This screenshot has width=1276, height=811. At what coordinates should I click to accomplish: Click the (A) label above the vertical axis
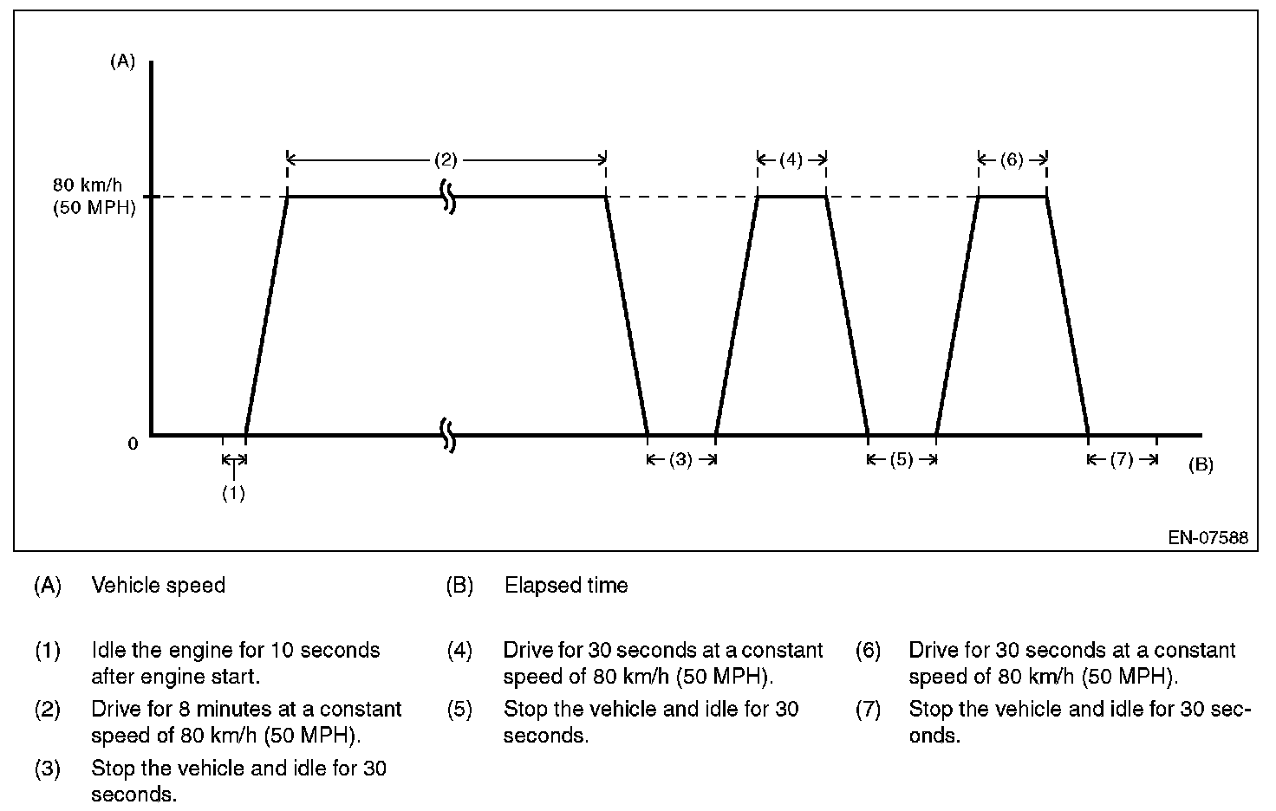[122, 62]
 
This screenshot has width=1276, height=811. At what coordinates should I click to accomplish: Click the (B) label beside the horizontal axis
[1201, 465]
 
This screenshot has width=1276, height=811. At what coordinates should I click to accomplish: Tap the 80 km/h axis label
[88, 185]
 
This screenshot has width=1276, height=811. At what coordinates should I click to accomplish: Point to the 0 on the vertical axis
[133, 444]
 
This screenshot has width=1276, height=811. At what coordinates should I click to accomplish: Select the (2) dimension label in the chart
[446, 159]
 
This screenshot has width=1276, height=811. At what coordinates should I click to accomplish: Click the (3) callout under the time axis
[680, 460]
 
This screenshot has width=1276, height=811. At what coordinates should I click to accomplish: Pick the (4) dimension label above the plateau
[791, 159]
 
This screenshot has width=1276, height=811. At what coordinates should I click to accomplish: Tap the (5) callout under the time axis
[902, 460]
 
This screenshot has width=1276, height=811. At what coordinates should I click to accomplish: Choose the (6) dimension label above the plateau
[1012, 159]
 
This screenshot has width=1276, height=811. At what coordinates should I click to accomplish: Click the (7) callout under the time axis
[1122, 460]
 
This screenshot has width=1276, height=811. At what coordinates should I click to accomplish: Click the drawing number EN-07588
[1208, 538]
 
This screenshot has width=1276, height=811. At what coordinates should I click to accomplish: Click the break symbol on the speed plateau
[448, 197]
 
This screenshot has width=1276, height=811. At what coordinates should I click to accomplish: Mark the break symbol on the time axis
[448, 434]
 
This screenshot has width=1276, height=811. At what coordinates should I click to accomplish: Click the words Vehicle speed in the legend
[158, 586]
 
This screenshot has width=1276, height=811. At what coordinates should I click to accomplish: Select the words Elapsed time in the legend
[566, 586]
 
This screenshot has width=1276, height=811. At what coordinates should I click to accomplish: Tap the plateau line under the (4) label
[791, 197]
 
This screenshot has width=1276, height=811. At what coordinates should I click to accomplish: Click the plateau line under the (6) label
[1012, 197]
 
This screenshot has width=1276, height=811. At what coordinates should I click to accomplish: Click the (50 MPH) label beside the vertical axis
[94, 209]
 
